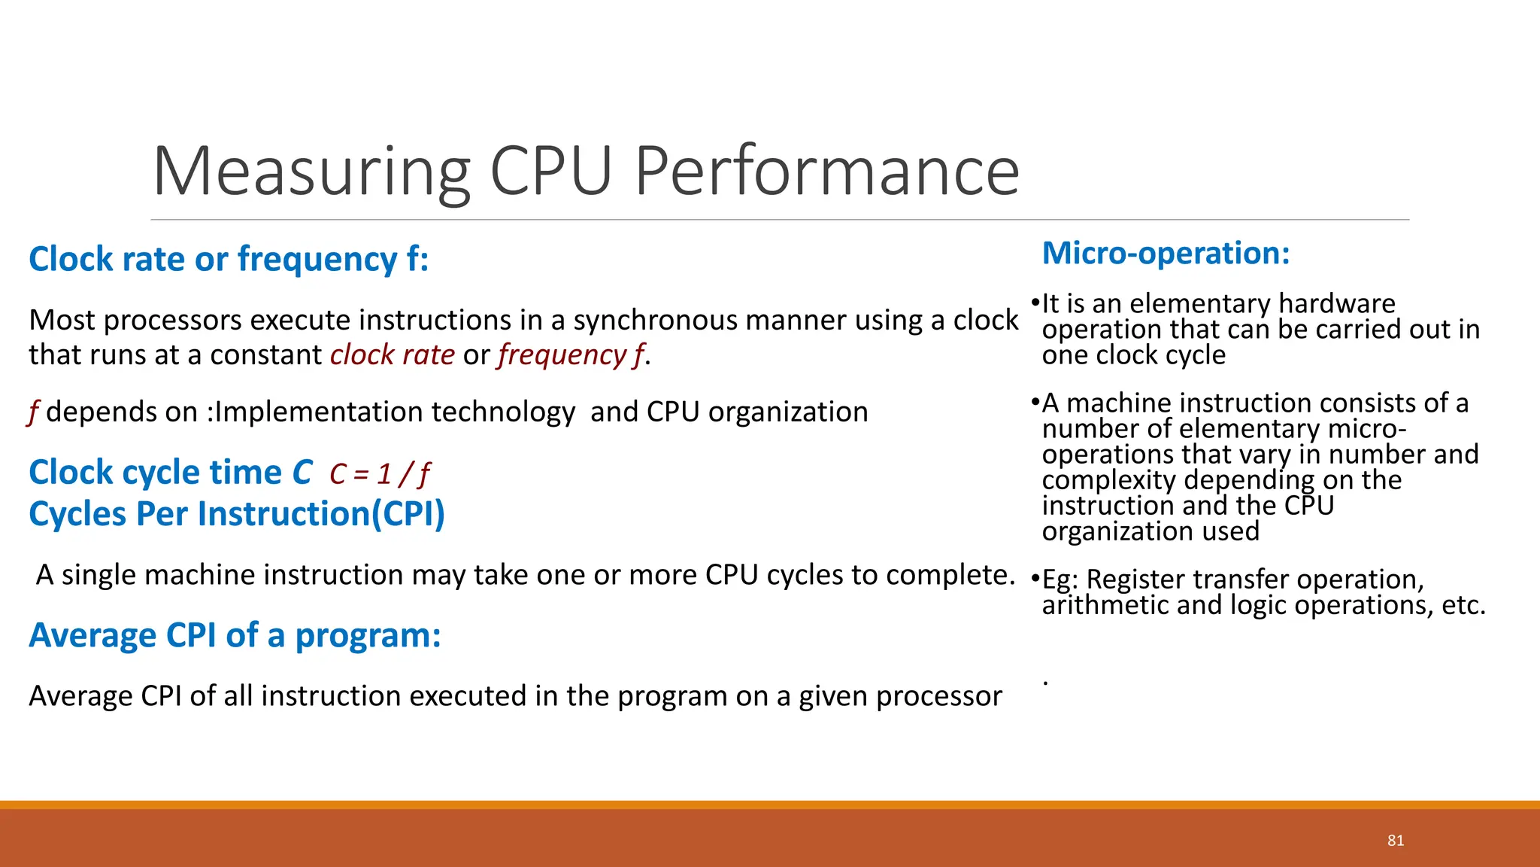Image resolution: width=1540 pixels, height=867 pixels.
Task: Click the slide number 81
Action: point(1396,841)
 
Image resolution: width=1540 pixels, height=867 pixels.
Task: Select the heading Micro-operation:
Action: point(1166,254)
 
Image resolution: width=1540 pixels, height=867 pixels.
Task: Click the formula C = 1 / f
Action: point(380,474)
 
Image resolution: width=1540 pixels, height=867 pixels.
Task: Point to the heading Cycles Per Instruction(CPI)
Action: point(237,515)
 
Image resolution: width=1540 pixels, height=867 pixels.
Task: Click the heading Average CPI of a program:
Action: point(235,636)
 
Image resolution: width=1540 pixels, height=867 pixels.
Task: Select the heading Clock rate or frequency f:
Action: point(229,260)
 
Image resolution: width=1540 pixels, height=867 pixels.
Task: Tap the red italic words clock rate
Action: point(393,354)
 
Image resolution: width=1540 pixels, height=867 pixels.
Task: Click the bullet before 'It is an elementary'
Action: point(1035,303)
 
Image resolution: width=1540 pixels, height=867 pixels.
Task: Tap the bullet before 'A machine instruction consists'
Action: point(1035,403)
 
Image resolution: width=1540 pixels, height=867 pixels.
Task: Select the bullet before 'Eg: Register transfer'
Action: point(1035,580)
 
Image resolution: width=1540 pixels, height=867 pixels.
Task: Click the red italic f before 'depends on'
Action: point(33,412)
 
